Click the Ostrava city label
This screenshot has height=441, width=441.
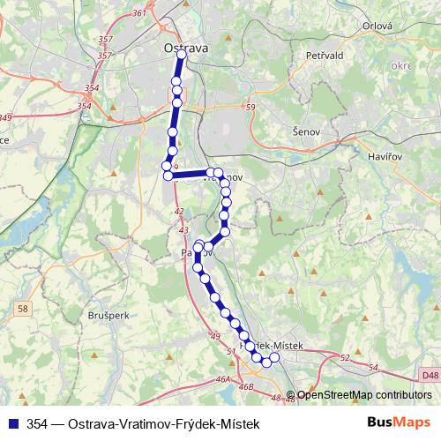tap(186, 49)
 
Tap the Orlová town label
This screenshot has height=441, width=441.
tap(377, 26)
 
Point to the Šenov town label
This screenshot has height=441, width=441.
tap(305, 130)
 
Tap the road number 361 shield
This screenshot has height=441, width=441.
tap(138, 13)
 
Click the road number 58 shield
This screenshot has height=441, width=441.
tap(23, 307)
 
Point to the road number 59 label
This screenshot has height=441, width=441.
tap(250, 108)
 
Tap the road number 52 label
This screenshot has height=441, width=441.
tap(344, 358)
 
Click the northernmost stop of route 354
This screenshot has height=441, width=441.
tap(181, 55)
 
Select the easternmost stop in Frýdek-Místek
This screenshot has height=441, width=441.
tap(273, 357)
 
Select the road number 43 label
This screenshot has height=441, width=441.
tap(183, 230)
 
